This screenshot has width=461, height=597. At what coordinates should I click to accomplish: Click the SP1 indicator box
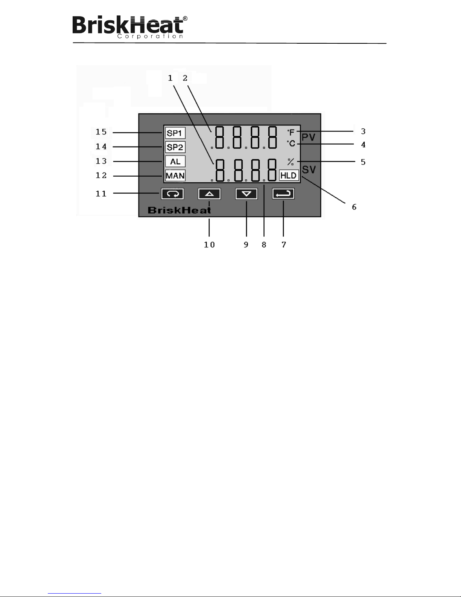click(175, 133)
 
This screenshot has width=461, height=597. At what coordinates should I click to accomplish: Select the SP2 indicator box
click(175, 147)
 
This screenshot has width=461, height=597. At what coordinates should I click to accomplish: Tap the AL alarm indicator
click(175, 162)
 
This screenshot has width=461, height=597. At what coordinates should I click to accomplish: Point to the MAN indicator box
click(175, 176)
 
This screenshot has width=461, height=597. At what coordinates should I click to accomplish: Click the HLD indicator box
click(289, 176)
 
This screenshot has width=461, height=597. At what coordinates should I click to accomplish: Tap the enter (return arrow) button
click(283, 194)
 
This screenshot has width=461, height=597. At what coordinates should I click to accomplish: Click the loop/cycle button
click(172, 194)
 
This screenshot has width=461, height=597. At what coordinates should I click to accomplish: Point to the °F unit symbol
click(291, 133)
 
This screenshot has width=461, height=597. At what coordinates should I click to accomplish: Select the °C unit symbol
click(291, 144)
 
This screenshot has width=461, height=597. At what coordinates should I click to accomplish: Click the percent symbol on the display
click(291, 162)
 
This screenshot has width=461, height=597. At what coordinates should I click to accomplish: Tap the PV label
click(309, 137)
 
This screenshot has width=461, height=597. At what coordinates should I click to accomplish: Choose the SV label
click(309, 170)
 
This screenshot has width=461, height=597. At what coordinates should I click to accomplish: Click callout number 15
click(101, 132)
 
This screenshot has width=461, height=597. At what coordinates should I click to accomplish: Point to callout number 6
click(354, 207)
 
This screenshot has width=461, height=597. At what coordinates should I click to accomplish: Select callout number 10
click(209, 245)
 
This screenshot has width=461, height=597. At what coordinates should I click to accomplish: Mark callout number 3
click(363, 131)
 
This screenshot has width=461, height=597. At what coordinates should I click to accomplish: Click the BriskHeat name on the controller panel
click(179, 210)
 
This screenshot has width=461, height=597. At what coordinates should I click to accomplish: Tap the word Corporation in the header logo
click(150, 37)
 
